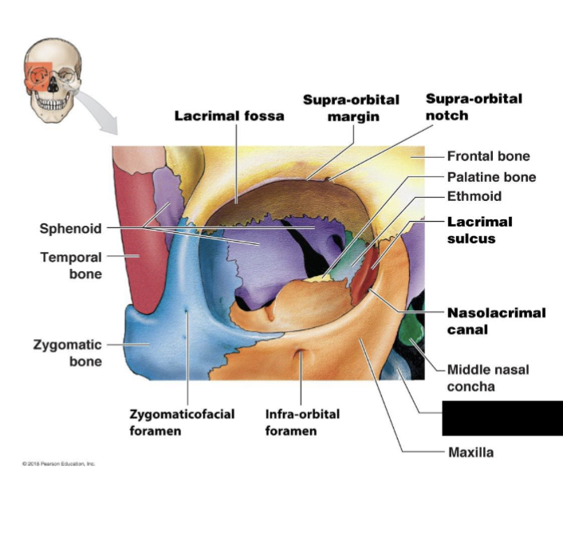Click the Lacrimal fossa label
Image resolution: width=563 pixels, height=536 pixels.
point(229,116)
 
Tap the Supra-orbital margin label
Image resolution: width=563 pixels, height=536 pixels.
point(351,108)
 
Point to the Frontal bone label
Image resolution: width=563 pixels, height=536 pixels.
point(488,156)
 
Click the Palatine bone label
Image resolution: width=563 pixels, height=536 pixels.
point(491,177)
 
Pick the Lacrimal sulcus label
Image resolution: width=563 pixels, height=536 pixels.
point(479,230)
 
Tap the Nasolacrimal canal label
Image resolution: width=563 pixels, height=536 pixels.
point(496,321)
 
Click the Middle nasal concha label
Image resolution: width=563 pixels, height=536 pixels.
point(487,378)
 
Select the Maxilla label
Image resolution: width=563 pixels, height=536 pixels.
point(470,452)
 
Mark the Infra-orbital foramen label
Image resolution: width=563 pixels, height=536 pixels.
point(302,423)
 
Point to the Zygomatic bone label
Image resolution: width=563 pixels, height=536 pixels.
point(67,353)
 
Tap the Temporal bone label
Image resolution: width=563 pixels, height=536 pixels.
point(71,266)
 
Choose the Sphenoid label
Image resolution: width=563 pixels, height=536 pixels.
point(71,229)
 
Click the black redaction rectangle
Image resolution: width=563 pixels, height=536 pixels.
point(502,419)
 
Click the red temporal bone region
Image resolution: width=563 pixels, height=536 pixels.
point(138,239)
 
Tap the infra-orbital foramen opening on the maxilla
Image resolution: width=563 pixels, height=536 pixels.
point(301,357)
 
